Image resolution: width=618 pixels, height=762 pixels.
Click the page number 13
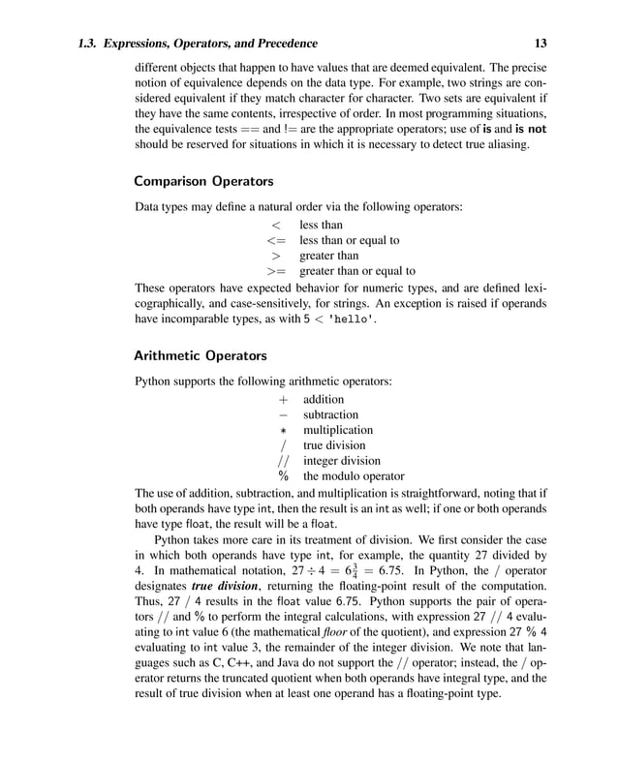coord(540,44)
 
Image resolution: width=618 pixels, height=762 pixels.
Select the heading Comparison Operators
coord(203,181)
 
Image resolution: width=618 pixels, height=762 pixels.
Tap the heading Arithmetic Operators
coord(200,355)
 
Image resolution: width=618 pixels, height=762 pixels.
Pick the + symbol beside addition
coord(284,399)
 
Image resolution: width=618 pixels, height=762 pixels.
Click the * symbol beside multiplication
coord(284,430)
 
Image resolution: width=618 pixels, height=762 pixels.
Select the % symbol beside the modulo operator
coord(284,476)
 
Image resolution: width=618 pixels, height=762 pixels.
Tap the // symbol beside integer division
coord(284,461)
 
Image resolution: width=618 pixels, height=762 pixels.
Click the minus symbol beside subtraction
coord(284,414)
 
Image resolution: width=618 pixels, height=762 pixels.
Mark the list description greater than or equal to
coord(357,271)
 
